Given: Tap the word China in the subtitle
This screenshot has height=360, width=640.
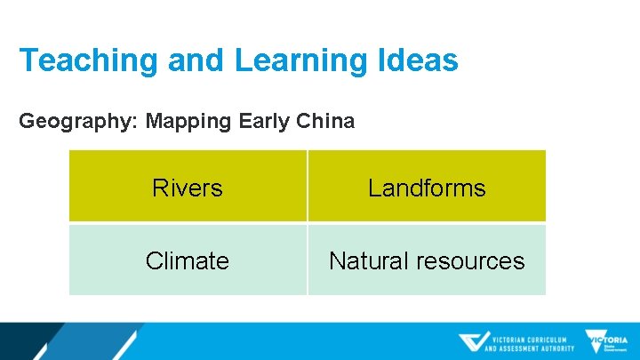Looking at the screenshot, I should [x=324, y=121].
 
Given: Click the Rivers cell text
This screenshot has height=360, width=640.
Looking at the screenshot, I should [x=188, y=188].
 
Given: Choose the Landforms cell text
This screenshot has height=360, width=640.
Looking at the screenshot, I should [x=427, y=188].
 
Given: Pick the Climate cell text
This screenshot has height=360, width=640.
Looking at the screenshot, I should [x=188, y=261].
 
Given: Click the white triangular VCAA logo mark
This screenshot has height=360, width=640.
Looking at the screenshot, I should [x=474, y=342].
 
